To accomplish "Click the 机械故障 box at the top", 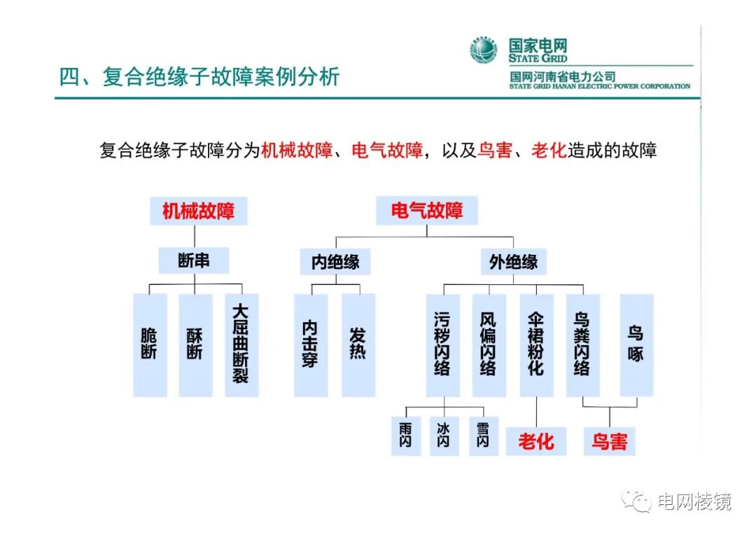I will click(x=198, y=211).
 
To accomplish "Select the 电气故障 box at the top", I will click(x=426, y=211).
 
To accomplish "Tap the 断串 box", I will click(x=194, y=261).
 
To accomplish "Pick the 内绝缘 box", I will click(x=335, y=262).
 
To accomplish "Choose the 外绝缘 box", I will click(x=513, y=262).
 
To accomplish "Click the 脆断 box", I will click(x=150, y=345).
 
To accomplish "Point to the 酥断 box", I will click(x=195, y=345).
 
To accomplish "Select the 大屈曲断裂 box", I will click(x=241, y=345).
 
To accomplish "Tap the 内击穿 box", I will click(x=311, y=345).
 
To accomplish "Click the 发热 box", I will click(x=358, y=345).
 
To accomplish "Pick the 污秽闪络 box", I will click(x=442, y=345).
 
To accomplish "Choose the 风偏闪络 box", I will click(x=489, y=345).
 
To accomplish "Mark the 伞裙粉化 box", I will click(x=535, y=345).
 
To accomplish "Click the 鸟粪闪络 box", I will click(x=582, y=345).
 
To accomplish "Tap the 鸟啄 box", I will click(x=636, y=345).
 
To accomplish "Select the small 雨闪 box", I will click(x=406, y=436).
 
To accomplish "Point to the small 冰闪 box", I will click(x=444, y=436).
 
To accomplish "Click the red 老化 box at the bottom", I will click(x=535, y=441).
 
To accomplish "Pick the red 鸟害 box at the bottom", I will click(x=610, y=441).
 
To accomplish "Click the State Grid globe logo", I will click(x=484, y=50).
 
